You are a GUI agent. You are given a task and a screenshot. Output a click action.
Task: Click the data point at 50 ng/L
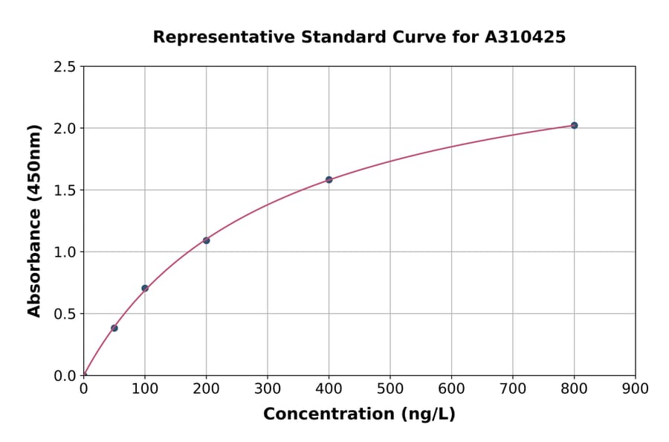click(x=114, y=328)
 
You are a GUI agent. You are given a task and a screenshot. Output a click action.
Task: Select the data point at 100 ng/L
click(x=145, y=288)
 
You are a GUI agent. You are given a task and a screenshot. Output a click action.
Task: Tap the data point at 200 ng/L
click(x=206, y=240)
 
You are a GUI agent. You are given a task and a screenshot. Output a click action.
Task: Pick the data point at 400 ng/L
click(x=329, y=179)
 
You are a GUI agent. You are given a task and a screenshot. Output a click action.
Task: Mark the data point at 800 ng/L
click(x=574, y=125)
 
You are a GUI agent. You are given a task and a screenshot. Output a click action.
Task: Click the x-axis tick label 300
click(x=268, y=388)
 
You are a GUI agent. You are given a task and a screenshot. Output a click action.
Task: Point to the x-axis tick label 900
click(x=635, y=388)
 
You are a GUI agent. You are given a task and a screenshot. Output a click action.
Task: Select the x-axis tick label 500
click(x=390, y=388)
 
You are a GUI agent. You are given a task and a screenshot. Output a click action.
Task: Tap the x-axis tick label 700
click(x=513, y=388)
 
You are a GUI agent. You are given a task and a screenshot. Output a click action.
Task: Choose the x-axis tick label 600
click(x=451, y=388)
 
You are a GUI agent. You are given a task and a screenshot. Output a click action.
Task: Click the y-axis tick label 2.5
click(x=65, y=67)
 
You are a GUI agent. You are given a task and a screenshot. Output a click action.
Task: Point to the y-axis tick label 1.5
click(x=65, y=190)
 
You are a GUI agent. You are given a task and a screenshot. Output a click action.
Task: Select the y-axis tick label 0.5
click(x=65, y=314)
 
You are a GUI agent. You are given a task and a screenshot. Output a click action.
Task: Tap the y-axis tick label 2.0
click(x=65, y=129)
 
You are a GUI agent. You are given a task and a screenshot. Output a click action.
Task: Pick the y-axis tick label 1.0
click(x=65, y=252)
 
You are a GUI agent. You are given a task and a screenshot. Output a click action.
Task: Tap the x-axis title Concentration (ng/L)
click(x=359, y=414)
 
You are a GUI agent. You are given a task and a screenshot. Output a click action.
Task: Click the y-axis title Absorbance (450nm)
click(x=34, y=221)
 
